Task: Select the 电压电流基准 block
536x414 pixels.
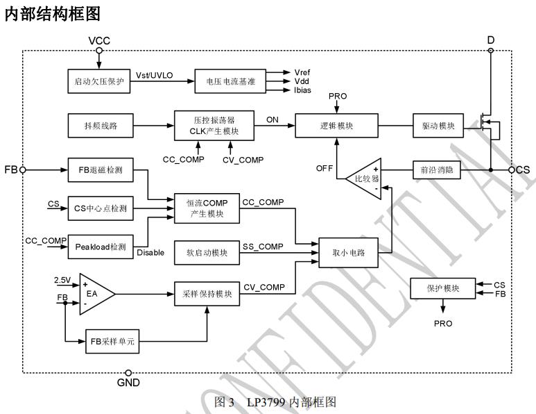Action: coord(226,82)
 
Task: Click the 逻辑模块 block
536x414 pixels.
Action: coord(336,126)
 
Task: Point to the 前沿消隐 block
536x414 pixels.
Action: coord(436,169)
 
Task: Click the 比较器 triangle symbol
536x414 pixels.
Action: coord(365,179)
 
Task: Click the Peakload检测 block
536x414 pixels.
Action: coord(101,247)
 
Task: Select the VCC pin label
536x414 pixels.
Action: coord(99,41)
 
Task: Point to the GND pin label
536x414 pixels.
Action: coord(128,382)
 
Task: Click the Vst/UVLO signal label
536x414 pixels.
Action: coord(153,75)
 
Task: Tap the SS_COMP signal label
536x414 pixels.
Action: coord(261,245)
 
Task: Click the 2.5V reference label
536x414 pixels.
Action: coord(63,279)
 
